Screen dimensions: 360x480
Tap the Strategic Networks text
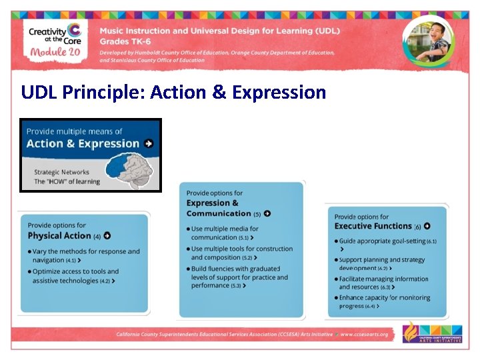click(61, 172)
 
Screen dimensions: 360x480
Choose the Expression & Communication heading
click(219, 208)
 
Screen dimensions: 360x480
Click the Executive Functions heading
click(373, 227)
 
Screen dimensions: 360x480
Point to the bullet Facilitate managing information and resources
click(383, 283)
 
